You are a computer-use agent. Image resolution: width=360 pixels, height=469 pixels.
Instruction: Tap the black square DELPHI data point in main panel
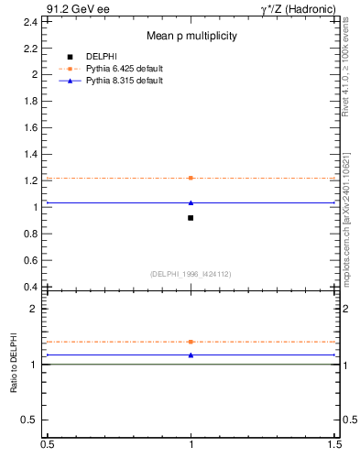coord(191,218)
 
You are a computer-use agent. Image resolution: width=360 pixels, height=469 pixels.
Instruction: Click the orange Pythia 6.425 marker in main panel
coord(191,178)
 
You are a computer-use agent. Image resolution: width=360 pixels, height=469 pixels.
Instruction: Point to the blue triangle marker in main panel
coord(191,202)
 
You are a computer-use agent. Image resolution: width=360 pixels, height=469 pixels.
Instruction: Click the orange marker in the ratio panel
coord(191,342)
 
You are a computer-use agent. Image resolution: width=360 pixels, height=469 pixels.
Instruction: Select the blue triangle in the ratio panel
coord(191,354)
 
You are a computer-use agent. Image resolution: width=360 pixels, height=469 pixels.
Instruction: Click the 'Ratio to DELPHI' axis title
coord(15,365)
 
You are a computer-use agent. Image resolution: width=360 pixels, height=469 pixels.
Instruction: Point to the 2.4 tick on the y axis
coord(32,20)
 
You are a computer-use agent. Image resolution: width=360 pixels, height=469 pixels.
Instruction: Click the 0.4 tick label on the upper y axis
coord(32,287)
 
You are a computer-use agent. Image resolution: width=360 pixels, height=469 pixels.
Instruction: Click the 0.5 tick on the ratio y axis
coord(32,420)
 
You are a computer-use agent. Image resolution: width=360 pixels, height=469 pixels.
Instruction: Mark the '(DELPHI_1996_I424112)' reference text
coord(191,273)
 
